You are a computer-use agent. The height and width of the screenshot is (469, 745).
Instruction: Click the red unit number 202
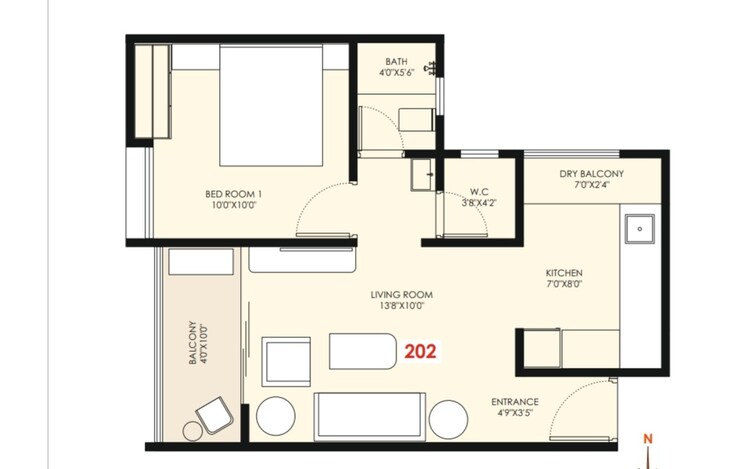420,352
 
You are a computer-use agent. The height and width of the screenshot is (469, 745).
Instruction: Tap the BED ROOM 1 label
233,194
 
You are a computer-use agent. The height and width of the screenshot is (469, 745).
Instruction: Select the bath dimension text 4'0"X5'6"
396,73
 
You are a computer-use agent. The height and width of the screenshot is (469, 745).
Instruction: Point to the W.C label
479,192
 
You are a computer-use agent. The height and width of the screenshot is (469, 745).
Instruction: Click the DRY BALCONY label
592,174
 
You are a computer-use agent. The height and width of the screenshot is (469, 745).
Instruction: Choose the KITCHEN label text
564,273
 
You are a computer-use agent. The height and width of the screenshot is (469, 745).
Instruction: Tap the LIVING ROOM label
401,295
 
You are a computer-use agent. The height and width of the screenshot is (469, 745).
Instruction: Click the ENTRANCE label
515,402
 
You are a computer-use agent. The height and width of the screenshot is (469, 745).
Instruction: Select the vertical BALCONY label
192,343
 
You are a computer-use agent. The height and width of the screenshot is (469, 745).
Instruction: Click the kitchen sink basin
640,229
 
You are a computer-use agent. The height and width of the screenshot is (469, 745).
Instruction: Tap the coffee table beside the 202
363,351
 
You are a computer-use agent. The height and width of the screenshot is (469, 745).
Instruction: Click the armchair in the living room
286,362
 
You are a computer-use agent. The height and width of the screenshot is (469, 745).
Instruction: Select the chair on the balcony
215,415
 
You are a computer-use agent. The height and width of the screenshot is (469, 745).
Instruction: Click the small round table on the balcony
192,431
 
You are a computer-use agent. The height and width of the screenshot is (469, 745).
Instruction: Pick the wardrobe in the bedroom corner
152,91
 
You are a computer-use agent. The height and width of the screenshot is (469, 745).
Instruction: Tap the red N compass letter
648,439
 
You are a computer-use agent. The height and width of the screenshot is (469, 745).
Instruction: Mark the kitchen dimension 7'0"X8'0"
564,284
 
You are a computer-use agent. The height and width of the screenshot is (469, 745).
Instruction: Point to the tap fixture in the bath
432,68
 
